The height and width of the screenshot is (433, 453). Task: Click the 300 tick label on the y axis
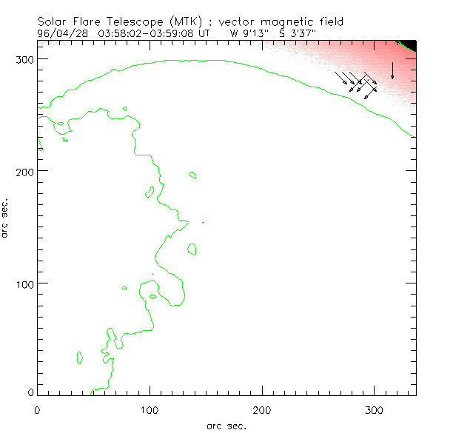[24, 58]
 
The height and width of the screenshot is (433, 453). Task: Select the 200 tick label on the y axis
[24, 171]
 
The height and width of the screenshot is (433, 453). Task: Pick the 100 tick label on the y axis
[24, 283]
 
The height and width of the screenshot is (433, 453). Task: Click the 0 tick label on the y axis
[30, 392]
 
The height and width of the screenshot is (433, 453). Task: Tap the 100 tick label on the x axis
[150, 409]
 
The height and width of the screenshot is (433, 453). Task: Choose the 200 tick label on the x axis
[262, 409]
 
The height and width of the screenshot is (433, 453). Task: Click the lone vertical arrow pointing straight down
[392, 70]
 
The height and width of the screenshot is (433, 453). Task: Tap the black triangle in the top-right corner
[409, 44]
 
